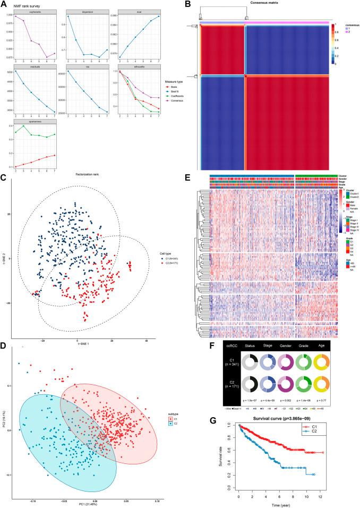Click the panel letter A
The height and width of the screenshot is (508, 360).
pos(4,3)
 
